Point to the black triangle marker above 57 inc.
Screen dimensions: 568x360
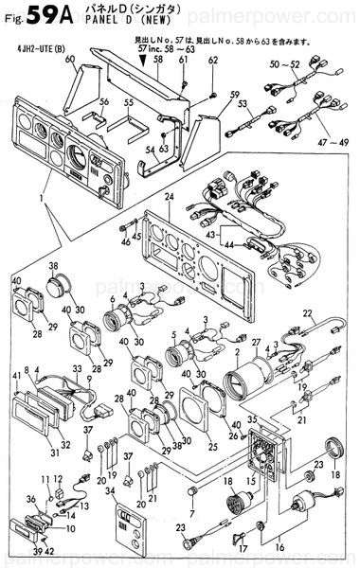coord(143,59)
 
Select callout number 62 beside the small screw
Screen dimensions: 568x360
coord(213,61)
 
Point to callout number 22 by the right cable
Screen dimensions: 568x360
coord(307,313)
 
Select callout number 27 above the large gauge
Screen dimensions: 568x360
coord(255,341)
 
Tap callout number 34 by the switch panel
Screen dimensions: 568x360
coord(111,491)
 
